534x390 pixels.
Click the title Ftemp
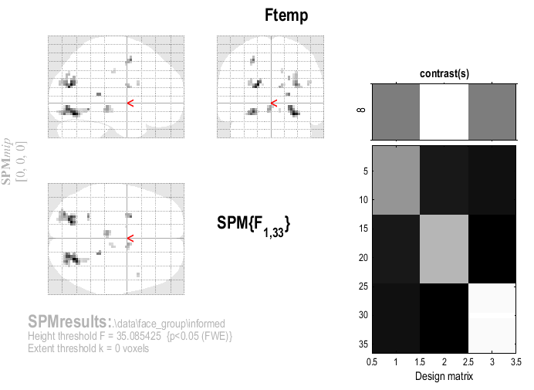[287, 15]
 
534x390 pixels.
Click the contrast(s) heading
[444, 74]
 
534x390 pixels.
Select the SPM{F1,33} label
[253, 226]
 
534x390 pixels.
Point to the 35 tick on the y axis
[361, 344]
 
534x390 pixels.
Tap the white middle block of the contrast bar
[444, 111]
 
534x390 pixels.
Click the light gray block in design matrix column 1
[396, 180]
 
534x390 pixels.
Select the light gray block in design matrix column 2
[444, 249]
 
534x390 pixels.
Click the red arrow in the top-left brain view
[130, 103]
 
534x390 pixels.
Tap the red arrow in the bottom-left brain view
[130, 239]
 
